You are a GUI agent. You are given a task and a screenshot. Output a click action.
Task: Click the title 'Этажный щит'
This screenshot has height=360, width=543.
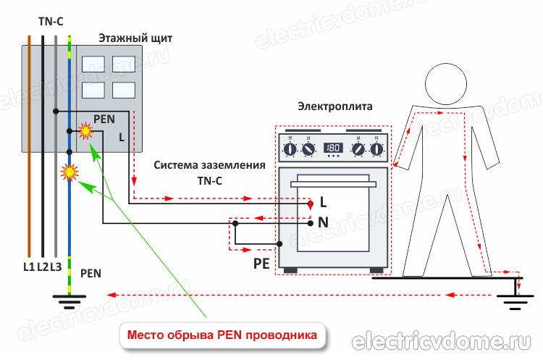135,38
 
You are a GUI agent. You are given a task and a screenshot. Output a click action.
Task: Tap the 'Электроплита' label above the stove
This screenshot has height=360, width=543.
334,106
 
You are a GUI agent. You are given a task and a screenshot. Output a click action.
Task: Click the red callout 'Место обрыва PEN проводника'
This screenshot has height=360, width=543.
222,335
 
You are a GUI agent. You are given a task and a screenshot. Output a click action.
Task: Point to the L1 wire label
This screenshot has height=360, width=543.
28,267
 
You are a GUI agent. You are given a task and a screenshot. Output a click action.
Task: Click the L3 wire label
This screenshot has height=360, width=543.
56,267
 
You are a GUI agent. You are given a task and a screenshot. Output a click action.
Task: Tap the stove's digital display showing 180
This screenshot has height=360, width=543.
333,148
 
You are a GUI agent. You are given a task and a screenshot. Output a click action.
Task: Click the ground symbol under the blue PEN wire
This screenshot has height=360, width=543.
69,298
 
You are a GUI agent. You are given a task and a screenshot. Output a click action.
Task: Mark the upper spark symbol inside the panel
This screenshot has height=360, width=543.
85,131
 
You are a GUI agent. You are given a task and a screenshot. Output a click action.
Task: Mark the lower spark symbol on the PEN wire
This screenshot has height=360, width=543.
70,172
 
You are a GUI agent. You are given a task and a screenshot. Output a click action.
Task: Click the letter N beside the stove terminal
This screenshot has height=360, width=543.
323,223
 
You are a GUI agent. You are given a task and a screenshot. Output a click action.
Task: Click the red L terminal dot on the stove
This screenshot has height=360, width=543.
310,204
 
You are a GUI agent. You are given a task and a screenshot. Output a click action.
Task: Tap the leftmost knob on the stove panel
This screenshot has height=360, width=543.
290,149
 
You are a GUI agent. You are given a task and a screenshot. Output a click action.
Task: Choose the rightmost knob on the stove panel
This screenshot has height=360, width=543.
376,149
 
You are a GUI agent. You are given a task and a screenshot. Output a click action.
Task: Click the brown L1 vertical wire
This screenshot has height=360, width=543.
30,145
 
